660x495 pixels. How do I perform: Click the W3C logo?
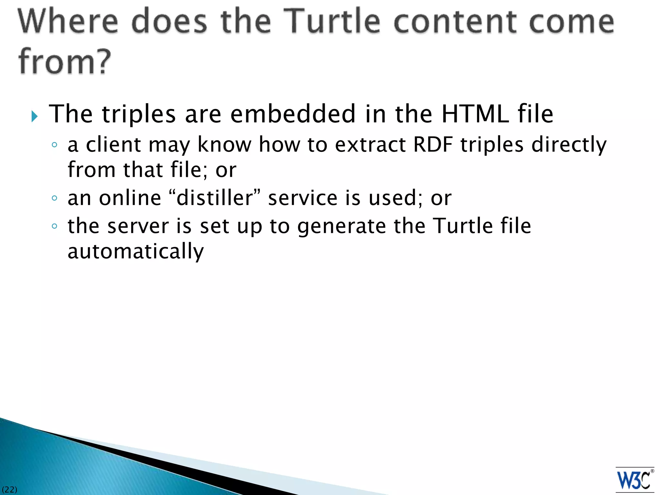point(635,480)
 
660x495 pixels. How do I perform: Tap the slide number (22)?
point(9,490)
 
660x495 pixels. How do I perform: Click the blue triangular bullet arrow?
point(35,116)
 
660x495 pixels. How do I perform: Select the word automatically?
point(136,251)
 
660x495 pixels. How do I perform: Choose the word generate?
point(341,226)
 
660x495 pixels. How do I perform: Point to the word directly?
point(569,145)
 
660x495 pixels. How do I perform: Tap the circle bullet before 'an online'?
point(54,198)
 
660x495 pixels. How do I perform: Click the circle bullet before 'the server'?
point(54,226)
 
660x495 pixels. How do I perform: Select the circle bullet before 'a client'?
point(54,145)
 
